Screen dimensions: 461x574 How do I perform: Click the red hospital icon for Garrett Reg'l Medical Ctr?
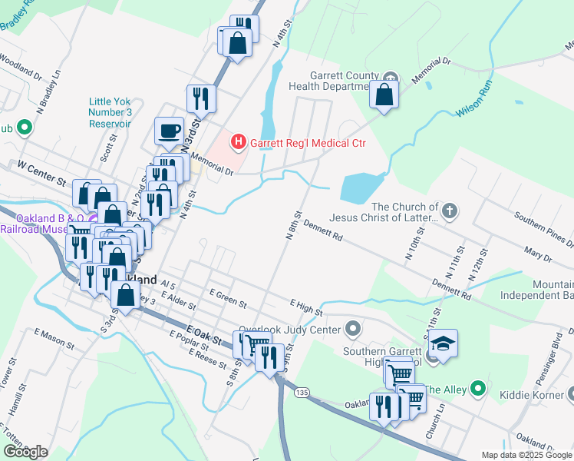tap(239, 142)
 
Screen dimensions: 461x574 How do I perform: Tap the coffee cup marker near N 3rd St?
tap(169, 130)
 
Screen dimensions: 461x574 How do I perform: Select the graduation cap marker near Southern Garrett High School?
tap(443, 342)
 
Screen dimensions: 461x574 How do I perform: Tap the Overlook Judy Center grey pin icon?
tap(353, 330)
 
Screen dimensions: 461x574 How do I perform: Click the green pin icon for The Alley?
tap(477, 390)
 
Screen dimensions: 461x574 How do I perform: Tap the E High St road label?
tap(306, 307)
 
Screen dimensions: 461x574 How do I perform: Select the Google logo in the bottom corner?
tap(25, 451)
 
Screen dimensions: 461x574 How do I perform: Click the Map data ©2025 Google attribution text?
tap(526, 455)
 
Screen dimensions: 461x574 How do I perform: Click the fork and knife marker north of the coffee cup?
tap(200, 98)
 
